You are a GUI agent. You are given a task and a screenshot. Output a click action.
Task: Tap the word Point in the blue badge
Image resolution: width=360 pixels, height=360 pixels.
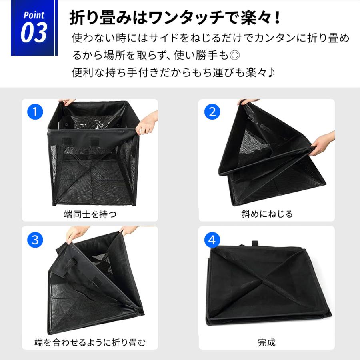pos(34,16)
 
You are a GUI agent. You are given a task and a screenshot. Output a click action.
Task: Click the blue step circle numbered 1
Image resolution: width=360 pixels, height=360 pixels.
pos(35,112)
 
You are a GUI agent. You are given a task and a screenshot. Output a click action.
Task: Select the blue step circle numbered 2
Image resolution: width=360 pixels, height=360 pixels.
pos(212,112)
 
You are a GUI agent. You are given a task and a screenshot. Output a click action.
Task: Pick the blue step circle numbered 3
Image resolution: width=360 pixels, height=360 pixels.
pos(35,240)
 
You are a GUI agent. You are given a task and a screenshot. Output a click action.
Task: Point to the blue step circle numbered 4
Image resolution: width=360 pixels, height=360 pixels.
pos(212,240)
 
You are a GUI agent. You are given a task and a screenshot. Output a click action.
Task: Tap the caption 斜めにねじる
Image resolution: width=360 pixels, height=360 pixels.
pos(267,214)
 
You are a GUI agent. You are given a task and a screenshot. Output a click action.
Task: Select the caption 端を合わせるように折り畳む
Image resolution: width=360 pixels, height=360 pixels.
pos(90,343)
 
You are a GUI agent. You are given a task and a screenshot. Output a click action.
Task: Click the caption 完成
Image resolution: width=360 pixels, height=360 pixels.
pos(267,343)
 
